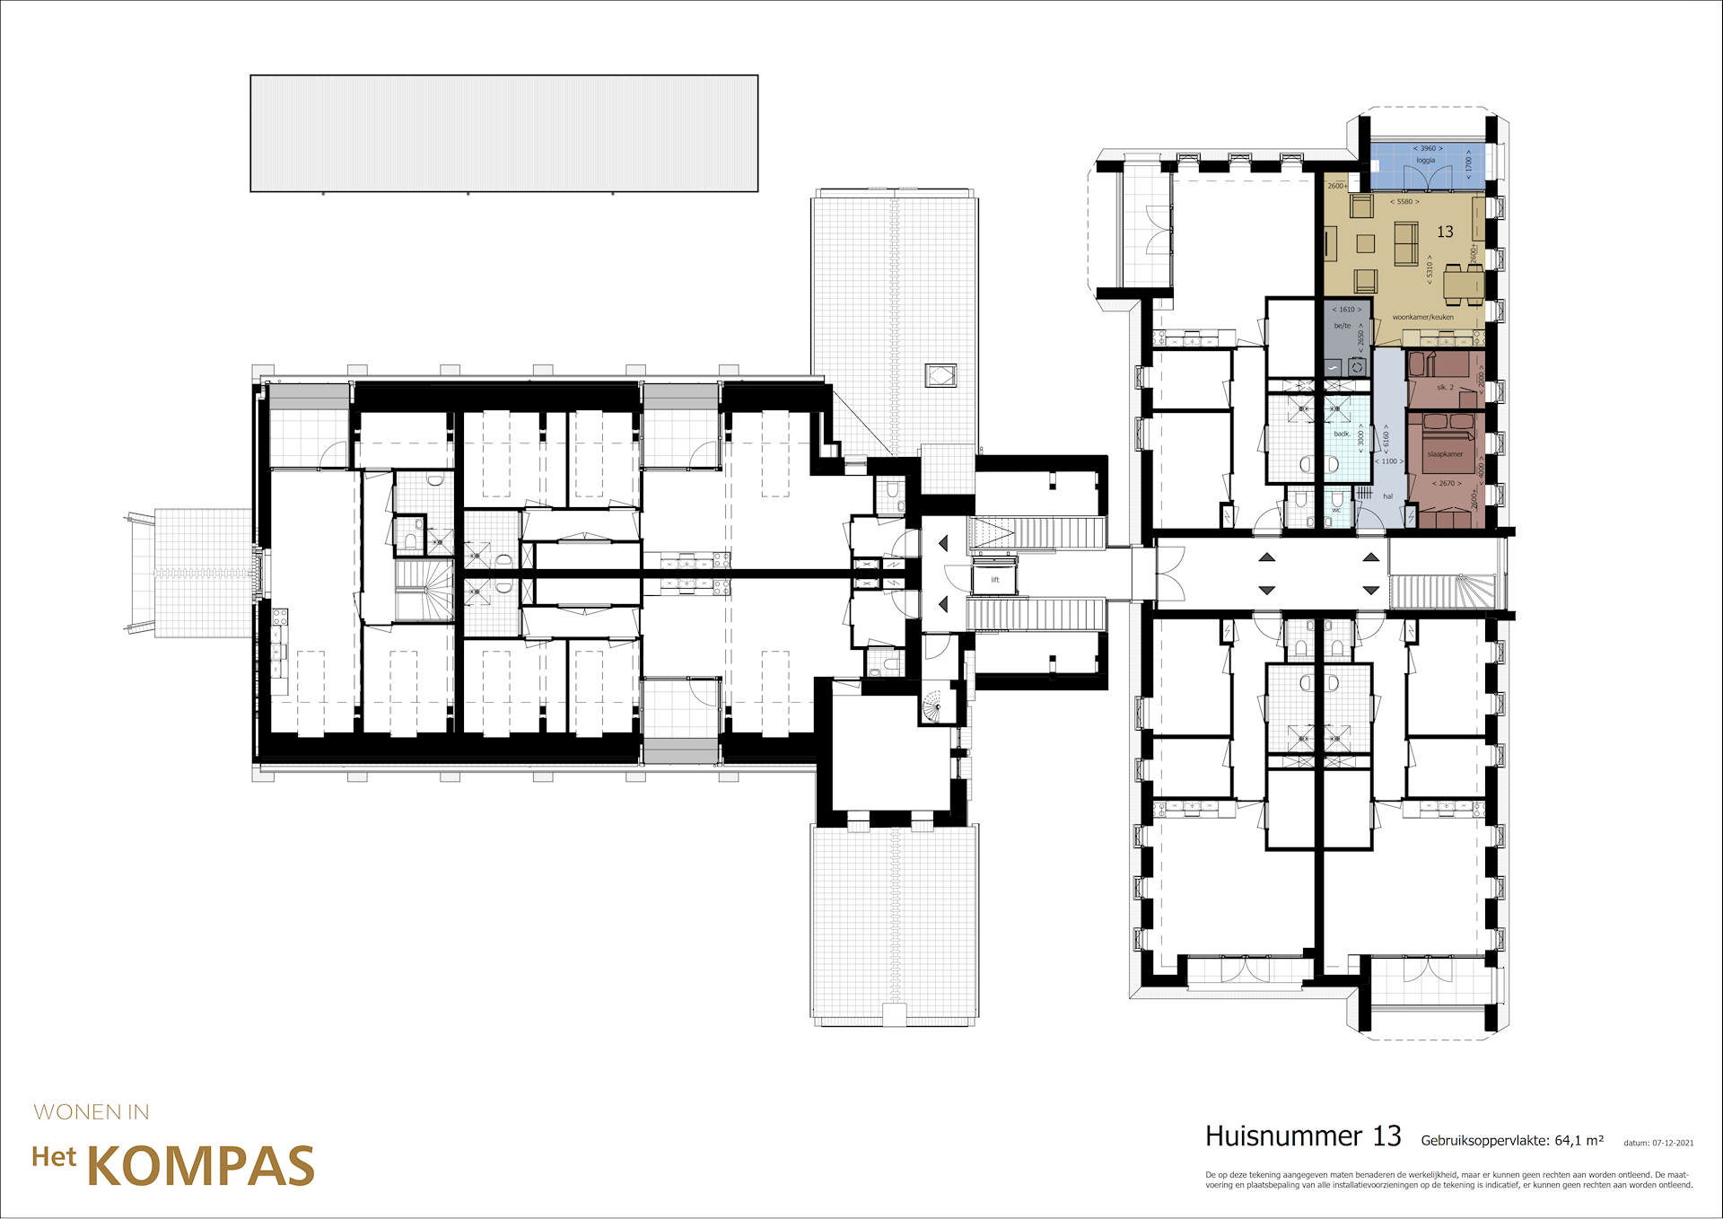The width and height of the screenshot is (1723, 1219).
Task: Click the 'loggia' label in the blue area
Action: click(1425, 161)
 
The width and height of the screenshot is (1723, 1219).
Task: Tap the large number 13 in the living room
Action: click(1445, 232)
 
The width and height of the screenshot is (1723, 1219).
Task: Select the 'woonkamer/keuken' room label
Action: click(1422, 317)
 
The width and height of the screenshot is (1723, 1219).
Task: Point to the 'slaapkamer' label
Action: click(1445, 454)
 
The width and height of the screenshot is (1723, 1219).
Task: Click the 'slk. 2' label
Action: click(1445, 388)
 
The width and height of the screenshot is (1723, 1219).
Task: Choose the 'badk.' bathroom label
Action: click(1342, 434)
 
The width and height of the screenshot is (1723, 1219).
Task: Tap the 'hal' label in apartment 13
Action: click(1387, 496)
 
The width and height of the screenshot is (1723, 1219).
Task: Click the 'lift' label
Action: click(994, 580)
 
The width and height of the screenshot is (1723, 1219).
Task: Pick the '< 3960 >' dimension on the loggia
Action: click(1428, 148)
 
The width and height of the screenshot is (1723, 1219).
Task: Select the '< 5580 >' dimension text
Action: click(1404, 202)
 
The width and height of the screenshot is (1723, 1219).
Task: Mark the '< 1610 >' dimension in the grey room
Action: click(1346, 310)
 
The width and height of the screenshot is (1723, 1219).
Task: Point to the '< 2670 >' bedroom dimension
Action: click(1447, 484)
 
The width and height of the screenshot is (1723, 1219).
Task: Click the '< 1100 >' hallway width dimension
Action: click(1389, 461)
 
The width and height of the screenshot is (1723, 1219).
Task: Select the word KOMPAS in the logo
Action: click(200, 1166)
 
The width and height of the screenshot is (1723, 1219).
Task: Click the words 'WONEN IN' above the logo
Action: click(92, 1112)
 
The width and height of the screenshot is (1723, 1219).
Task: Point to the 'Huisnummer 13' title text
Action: click(1302, 1136)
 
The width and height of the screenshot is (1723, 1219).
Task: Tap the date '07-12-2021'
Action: click(1673, 1143)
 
